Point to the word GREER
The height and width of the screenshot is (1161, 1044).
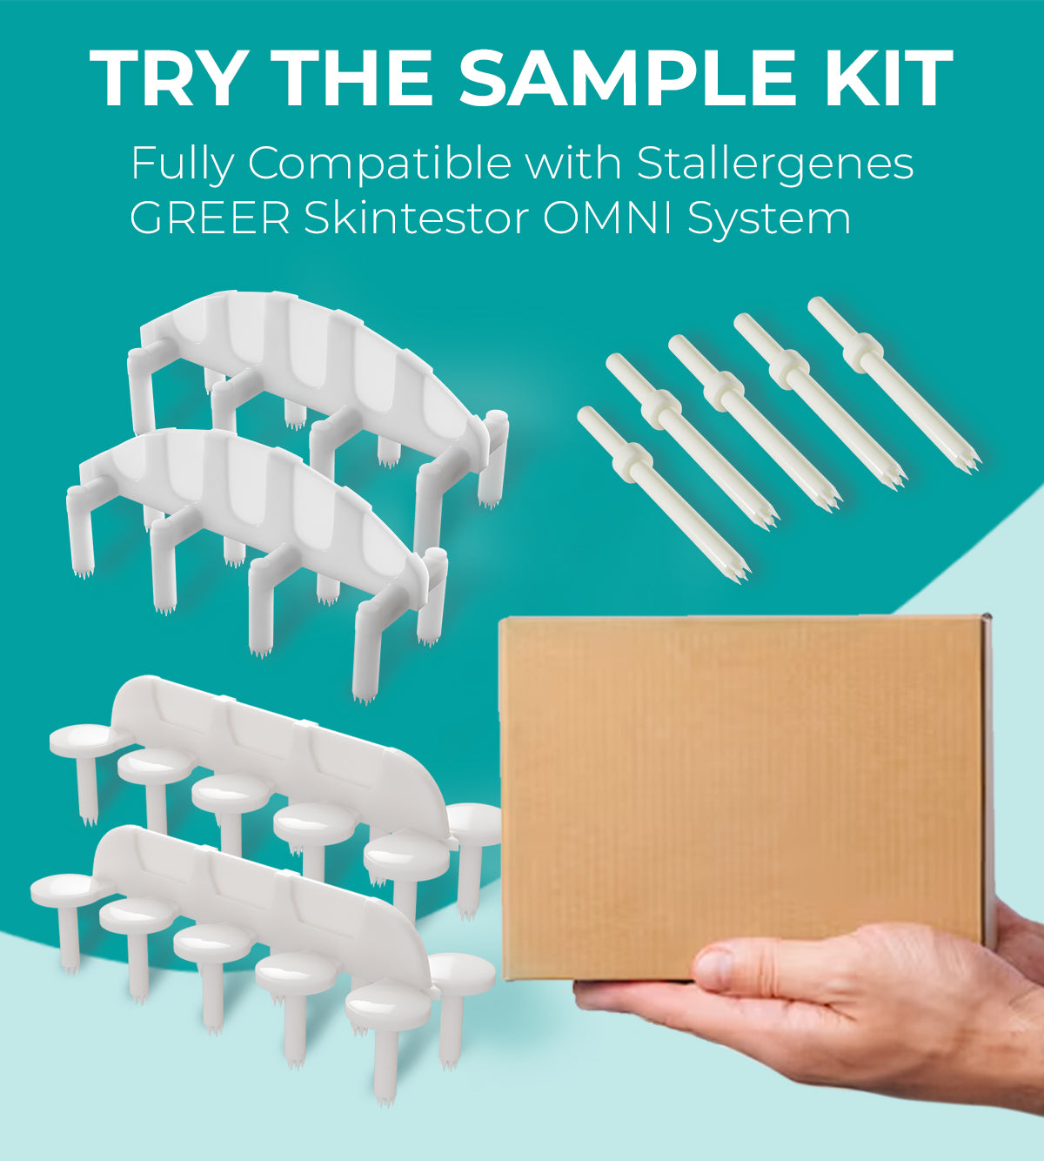[x=210, y=218]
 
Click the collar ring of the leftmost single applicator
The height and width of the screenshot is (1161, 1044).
[x=632, y=460]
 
